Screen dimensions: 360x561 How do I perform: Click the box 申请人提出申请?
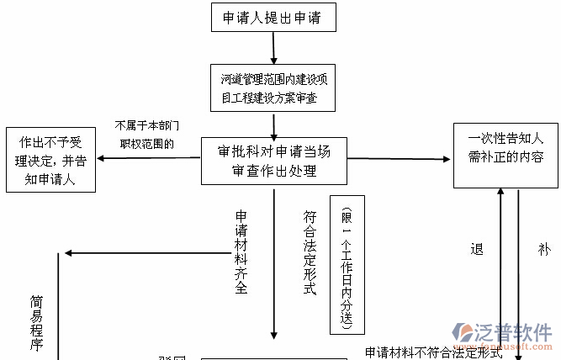(273, 17)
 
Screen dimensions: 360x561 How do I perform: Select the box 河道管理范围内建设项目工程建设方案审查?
(273, 89)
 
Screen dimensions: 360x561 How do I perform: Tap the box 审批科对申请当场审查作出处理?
(273, 161)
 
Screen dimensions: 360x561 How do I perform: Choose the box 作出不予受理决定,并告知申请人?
(50, 159)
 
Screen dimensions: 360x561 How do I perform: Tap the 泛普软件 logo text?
(516, 331)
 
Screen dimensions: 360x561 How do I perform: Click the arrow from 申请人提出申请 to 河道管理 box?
(273, 47)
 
